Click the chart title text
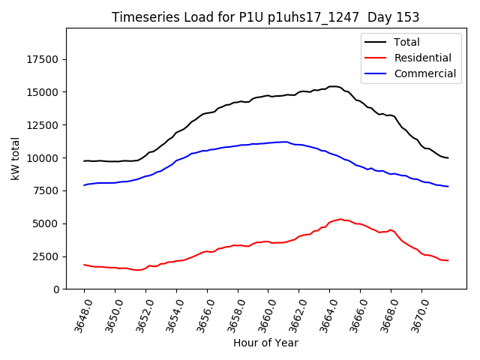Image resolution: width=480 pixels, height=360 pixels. click(x=265, y=17)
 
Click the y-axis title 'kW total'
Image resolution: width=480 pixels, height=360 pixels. click(x=15, y=158)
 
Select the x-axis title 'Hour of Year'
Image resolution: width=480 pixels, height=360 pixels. click(x=265, y=343)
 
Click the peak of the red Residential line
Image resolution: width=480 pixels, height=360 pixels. click(x=340, y=219)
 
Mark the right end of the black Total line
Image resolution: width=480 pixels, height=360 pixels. click(x=448, y=157)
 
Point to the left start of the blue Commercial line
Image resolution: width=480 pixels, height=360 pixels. click(x=85, y=184)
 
